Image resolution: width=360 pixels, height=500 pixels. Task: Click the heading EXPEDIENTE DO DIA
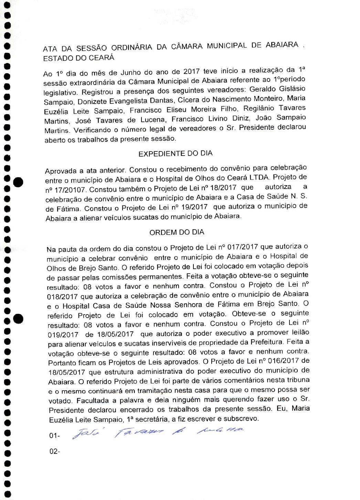click(175, 153)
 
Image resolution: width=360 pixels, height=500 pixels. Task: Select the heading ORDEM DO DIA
click(177, 232)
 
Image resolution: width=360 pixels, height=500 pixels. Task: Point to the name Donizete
click(92, 102)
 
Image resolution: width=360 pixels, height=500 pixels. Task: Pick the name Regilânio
click(259, 108)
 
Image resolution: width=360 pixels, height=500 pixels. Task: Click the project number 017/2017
click(241, 247)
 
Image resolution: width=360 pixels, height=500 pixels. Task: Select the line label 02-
click(54, 451)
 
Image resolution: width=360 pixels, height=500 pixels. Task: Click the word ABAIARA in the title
click(282, 45)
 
